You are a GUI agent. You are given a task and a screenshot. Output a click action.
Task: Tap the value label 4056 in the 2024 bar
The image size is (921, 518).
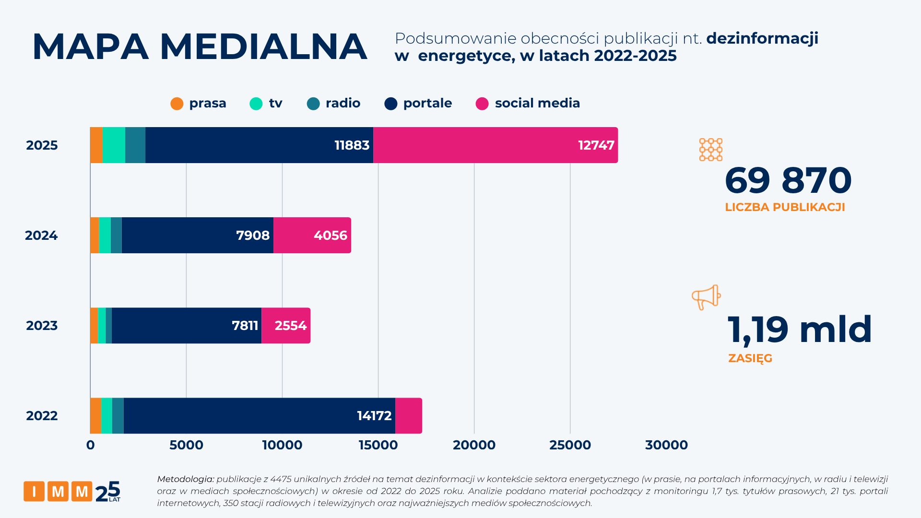[x=330, y=235]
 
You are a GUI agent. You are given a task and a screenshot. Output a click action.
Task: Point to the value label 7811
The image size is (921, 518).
[x=245, y=326]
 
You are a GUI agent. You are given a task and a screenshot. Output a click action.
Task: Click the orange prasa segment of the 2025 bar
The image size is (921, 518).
[x=96, y=145]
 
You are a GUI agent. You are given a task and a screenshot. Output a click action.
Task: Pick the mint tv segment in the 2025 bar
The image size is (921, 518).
[x=114, y=145]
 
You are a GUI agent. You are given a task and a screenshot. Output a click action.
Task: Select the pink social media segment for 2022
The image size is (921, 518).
[x=409, y=416]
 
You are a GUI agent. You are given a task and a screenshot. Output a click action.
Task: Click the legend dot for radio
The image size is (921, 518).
[x=313, y=104]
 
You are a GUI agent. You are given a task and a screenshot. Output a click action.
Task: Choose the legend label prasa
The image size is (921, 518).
[x=207, y=103]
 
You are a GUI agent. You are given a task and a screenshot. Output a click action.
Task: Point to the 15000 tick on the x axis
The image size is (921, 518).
[x=378, y=445]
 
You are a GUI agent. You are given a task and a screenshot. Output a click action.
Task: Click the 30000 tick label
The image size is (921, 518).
[x=666, y=445]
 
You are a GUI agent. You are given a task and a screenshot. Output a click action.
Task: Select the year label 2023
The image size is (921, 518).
[x=42, y=326]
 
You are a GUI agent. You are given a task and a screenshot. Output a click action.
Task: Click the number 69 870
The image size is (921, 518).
[x=788, y=181]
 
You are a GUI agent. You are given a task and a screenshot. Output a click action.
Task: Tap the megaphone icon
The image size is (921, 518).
[x=706, y=297]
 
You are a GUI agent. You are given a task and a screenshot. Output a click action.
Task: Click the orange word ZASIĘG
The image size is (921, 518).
[x=750, y=358]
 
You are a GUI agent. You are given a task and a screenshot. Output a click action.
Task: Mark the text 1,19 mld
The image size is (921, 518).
[x=799, y=330]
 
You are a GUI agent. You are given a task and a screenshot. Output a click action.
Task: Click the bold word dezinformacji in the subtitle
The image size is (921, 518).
[x=762, y=38]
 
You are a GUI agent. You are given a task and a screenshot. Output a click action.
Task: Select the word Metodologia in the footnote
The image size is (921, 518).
[x=185, y=479]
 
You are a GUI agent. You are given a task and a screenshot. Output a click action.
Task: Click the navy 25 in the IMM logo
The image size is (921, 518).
[x=108, y=492]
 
